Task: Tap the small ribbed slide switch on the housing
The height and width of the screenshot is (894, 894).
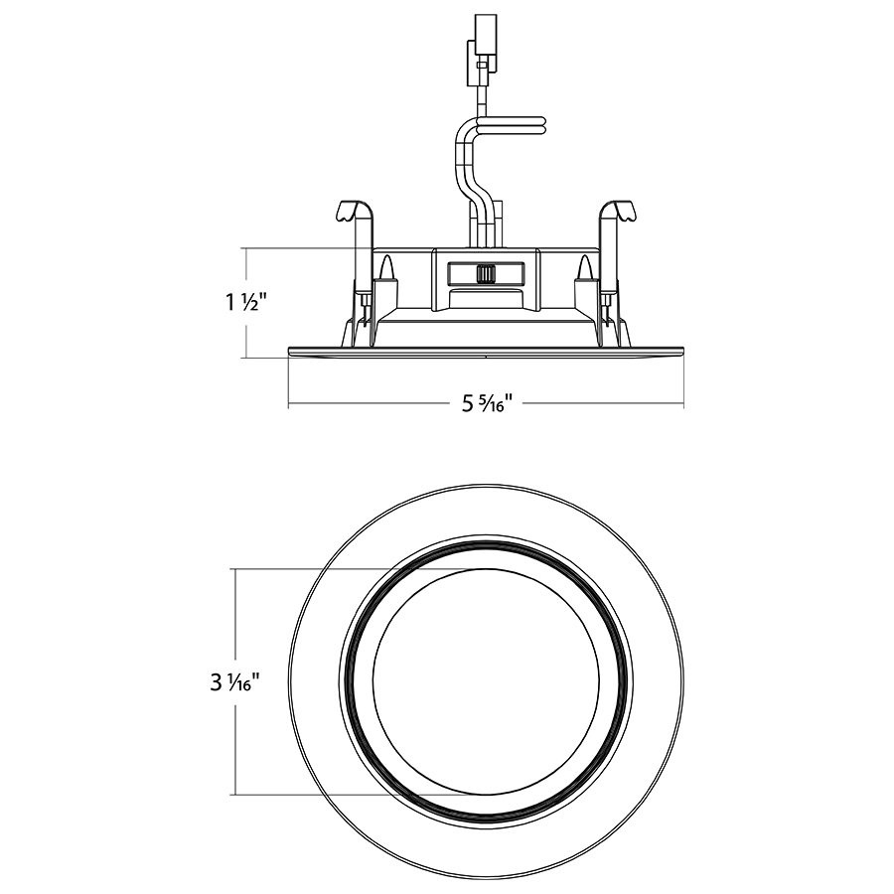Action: click(x=486, y=273)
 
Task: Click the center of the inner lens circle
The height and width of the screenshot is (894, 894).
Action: click(x=485, y=682)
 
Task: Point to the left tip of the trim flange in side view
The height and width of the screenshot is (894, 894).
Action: click(x=289, y=350)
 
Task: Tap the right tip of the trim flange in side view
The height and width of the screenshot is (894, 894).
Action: click(x=681, y=350)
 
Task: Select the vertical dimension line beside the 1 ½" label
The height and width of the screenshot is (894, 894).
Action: click(x=245, y=268)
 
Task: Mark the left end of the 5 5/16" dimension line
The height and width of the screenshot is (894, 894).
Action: click(x=289, y=404)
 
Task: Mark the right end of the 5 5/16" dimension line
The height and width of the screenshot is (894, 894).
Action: click(x=682, y=404)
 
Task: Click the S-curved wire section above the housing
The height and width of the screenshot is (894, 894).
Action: click(x=467, y=164)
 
